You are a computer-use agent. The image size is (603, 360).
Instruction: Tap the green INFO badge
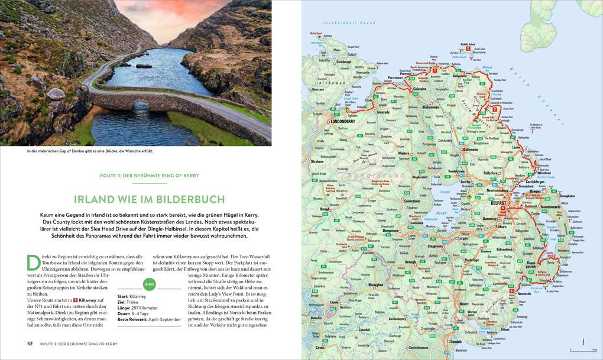point(150,285)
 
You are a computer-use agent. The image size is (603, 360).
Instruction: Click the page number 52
point(30,343)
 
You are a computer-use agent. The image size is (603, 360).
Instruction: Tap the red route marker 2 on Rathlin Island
point(468,48)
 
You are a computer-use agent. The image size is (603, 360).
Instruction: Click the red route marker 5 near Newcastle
point(511,290)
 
